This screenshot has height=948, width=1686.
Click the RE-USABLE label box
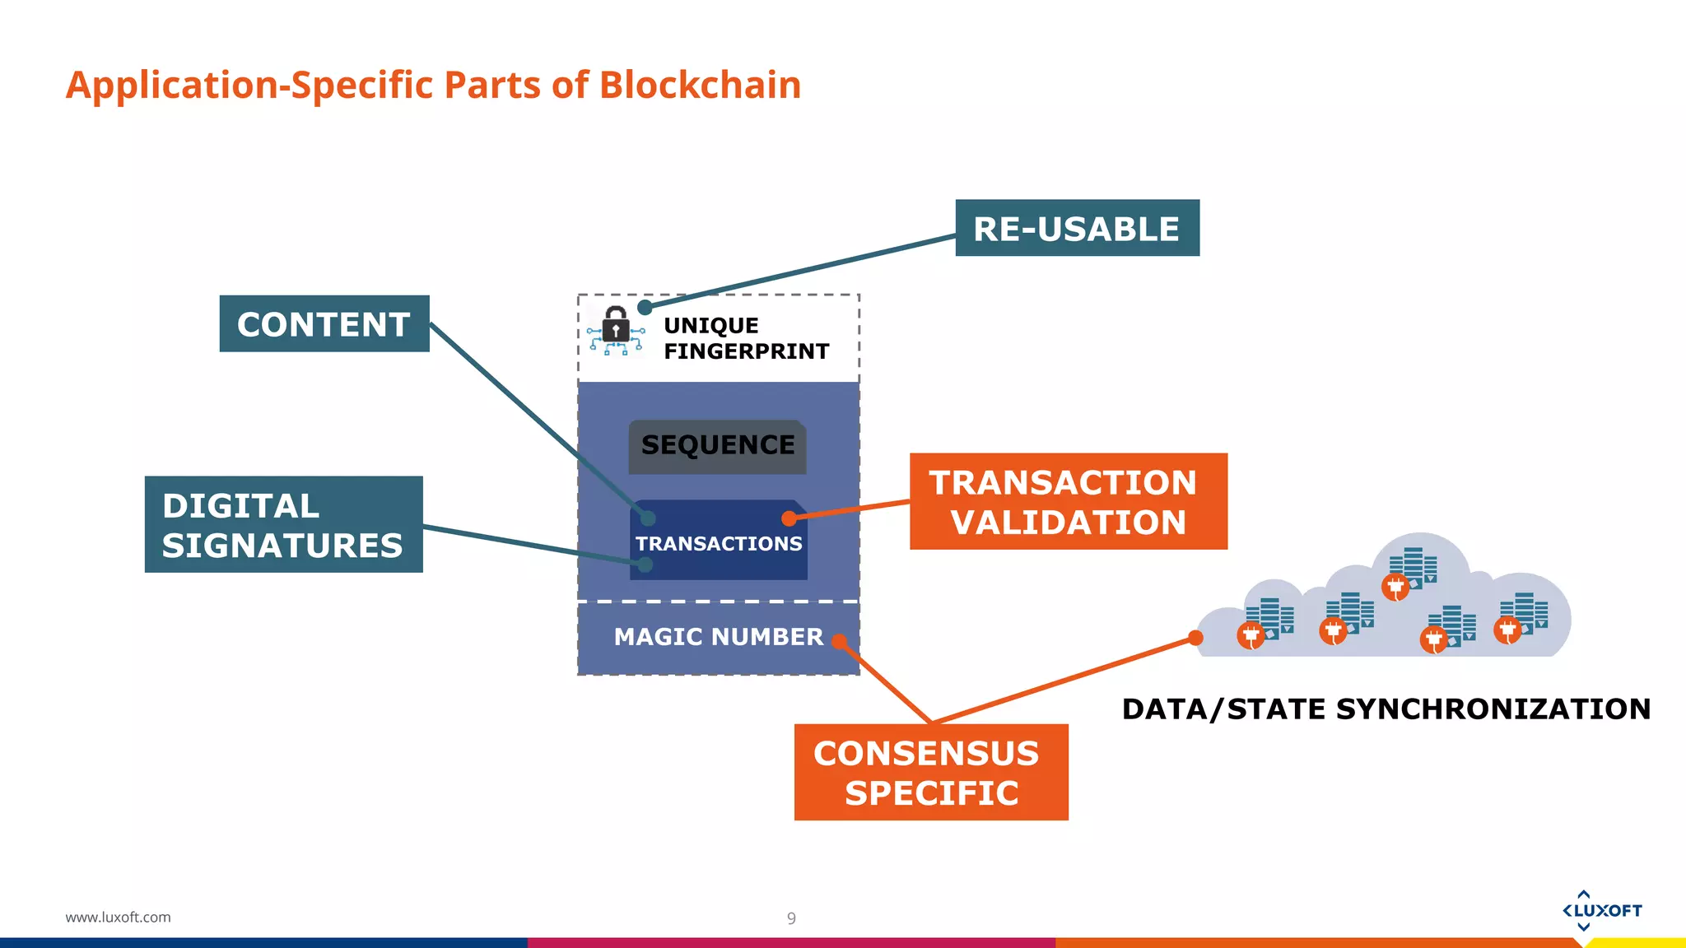pos(1077,228)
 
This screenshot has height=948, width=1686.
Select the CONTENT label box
pos(324,323)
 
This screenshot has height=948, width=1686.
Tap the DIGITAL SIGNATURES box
pos(283,524)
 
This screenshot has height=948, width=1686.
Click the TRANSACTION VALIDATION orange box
pos(1068,501)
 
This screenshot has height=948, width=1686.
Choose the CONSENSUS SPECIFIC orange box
pos(930,772)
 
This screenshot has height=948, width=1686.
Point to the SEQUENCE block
pos(717,446)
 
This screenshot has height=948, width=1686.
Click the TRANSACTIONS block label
pos(718,544)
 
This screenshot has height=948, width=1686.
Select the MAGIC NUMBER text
pos(718,637)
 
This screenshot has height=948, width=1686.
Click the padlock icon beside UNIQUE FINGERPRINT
pos(616,327)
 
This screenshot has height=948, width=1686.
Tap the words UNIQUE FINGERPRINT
pos(745,338)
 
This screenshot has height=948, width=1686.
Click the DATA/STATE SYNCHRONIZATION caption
pos(1386,709)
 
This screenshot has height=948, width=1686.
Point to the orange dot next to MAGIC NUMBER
pos(839,641)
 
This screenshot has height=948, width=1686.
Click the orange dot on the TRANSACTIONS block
pos(789,518)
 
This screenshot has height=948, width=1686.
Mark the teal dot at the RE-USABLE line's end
pos(645,307)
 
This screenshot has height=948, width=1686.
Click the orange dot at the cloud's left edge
pos(1195,638)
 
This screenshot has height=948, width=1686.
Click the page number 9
pos(791,918)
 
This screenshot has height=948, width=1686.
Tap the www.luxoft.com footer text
pos(118,917)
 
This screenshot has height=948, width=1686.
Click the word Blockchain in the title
pos(700,85)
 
